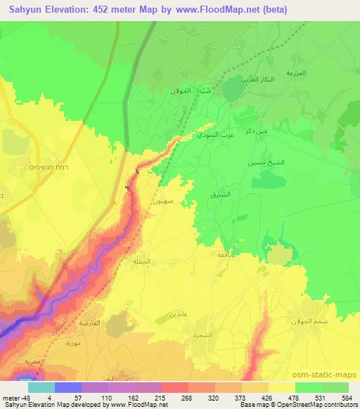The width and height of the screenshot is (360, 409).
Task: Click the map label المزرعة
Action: click(296, 73)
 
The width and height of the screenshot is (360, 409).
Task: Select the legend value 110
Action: click(108, 398)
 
